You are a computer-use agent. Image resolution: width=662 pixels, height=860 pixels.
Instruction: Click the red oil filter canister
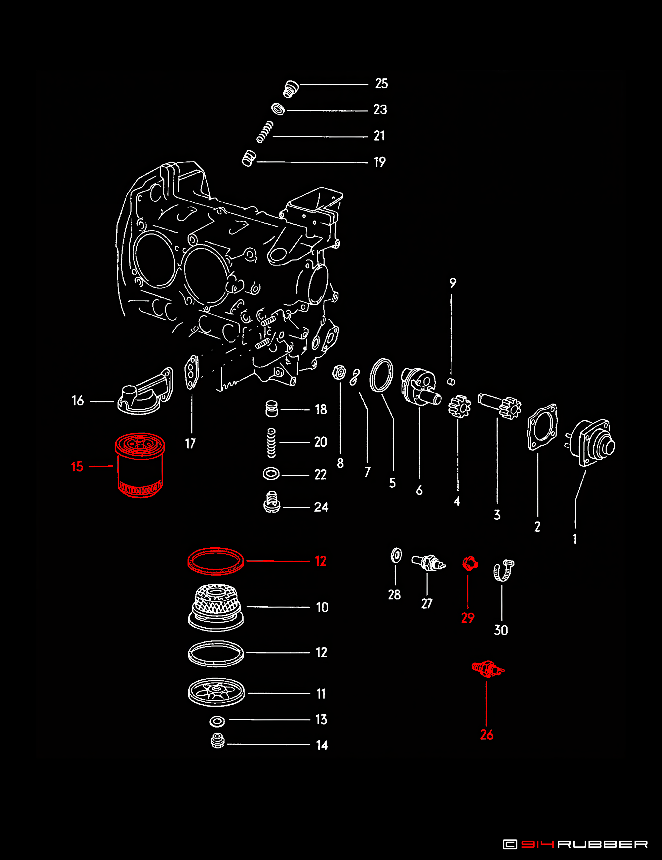pyautogui.click(x=140, y=465)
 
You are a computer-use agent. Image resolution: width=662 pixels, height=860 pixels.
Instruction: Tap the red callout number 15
pyautogui.click(x=77, y=467)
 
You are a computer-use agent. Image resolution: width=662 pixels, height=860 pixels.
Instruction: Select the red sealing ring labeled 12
pyautogui.click(x=215, y=561)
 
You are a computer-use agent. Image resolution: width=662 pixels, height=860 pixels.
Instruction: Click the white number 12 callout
pyautogui.click(x=321, y=652)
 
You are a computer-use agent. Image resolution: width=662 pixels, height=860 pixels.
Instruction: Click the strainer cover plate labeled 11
pyautogui.click(x=216, y=692)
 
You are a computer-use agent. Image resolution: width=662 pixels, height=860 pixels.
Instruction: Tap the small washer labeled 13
pyautogui.click(x=217, y=721)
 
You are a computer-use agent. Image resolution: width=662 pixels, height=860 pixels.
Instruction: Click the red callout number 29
pyautogui.click(x=468, y=618)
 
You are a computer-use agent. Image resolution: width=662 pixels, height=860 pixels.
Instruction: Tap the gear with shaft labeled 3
pyautogui.click(x=500, y=406)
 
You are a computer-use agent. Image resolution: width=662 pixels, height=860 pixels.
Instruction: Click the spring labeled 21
pyautogui.click(x=265, y=132)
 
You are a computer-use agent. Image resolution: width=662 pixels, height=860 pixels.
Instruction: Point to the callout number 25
pyautogui.click(x=382, y=84)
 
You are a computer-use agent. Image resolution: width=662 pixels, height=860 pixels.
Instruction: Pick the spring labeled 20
pyautogui.click(x=271, y=443)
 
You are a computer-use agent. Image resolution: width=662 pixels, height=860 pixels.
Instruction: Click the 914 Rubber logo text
pyautogui.click(x=575, y=844)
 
